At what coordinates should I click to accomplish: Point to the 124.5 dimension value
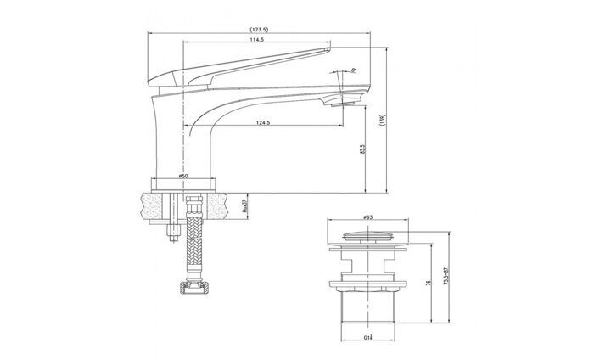(262, 125)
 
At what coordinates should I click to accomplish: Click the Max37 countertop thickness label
(243, 204)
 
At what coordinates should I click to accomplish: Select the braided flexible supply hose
(195, 246)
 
